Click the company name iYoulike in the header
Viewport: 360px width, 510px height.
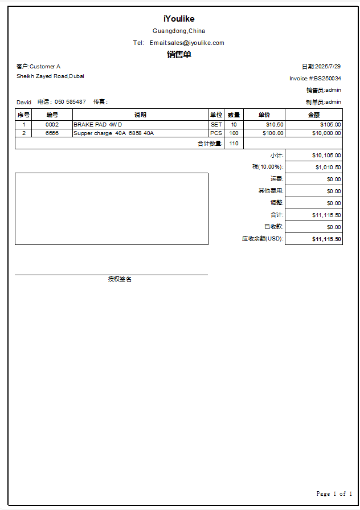click(x=179, y=19)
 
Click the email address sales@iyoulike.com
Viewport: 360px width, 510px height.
click(x=195, y=43)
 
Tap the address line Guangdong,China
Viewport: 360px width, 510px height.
click(x=179, y=31)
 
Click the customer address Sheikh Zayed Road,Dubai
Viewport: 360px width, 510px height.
click(x=50, y=76)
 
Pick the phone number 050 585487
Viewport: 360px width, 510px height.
click(x=70, y=102)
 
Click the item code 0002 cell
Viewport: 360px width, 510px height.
click(x=52, y=125)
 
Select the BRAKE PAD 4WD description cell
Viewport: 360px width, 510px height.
click(x=98, y=125)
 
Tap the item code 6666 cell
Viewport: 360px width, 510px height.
click(x=52, y=133)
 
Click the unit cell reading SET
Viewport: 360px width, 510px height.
click(x=216, y=125)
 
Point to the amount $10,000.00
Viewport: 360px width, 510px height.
click(x=326, y=133)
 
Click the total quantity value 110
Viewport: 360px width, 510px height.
click(x=234, y=144)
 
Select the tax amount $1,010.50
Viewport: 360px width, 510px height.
click(x=328, y=168)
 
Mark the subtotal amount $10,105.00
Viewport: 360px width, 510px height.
click(x=326, y=155)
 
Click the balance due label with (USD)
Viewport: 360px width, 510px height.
click(x=263, y=239)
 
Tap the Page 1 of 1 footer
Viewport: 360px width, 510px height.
click(x=334, y=493)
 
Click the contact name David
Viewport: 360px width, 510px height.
click(x=24, y=102)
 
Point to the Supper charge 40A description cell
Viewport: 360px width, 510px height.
click(x=113, y=133)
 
